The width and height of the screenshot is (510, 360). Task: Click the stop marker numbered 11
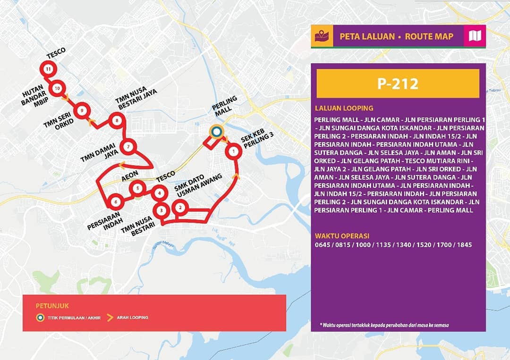pyautogui.click(x=48, y=69)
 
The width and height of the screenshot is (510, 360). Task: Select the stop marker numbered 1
pyautogui.click(x=233, y=151)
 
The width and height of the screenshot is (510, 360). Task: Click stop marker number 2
pyautogui.click(x=179, y=207)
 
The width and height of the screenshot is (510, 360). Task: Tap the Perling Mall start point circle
pyautogui.click(x=216, y=133)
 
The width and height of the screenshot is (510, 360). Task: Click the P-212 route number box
pyautogui.click(x=398, y=84)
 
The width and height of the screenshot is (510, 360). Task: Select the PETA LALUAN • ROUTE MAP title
pyautogui.click(x=396, y=36)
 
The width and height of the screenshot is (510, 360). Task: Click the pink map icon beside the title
pyautogui.click(x=474, y=36)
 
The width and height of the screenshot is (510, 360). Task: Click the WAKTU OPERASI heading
pyautogui.click(x=342, y=236)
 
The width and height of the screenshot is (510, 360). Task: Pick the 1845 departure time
pyautogui.click(x=464, y=245)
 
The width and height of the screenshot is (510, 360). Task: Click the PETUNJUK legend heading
pyautogui.click(x=55, y=306)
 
